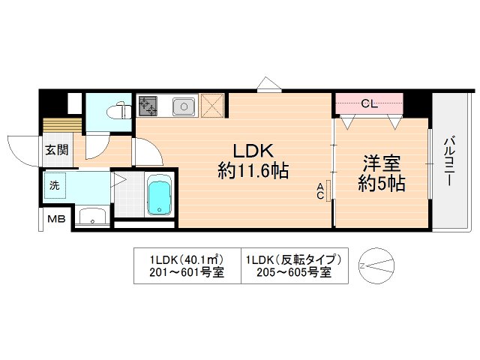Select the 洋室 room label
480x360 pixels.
coord(381,162)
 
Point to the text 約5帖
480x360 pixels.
coord(381,183)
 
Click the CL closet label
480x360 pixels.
coord(368,103)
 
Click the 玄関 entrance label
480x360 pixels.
coord(56,149)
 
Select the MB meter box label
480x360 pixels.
coord(56,219)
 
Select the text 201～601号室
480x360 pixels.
coord(187,273)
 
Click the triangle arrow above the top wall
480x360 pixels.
coord(266,83)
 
